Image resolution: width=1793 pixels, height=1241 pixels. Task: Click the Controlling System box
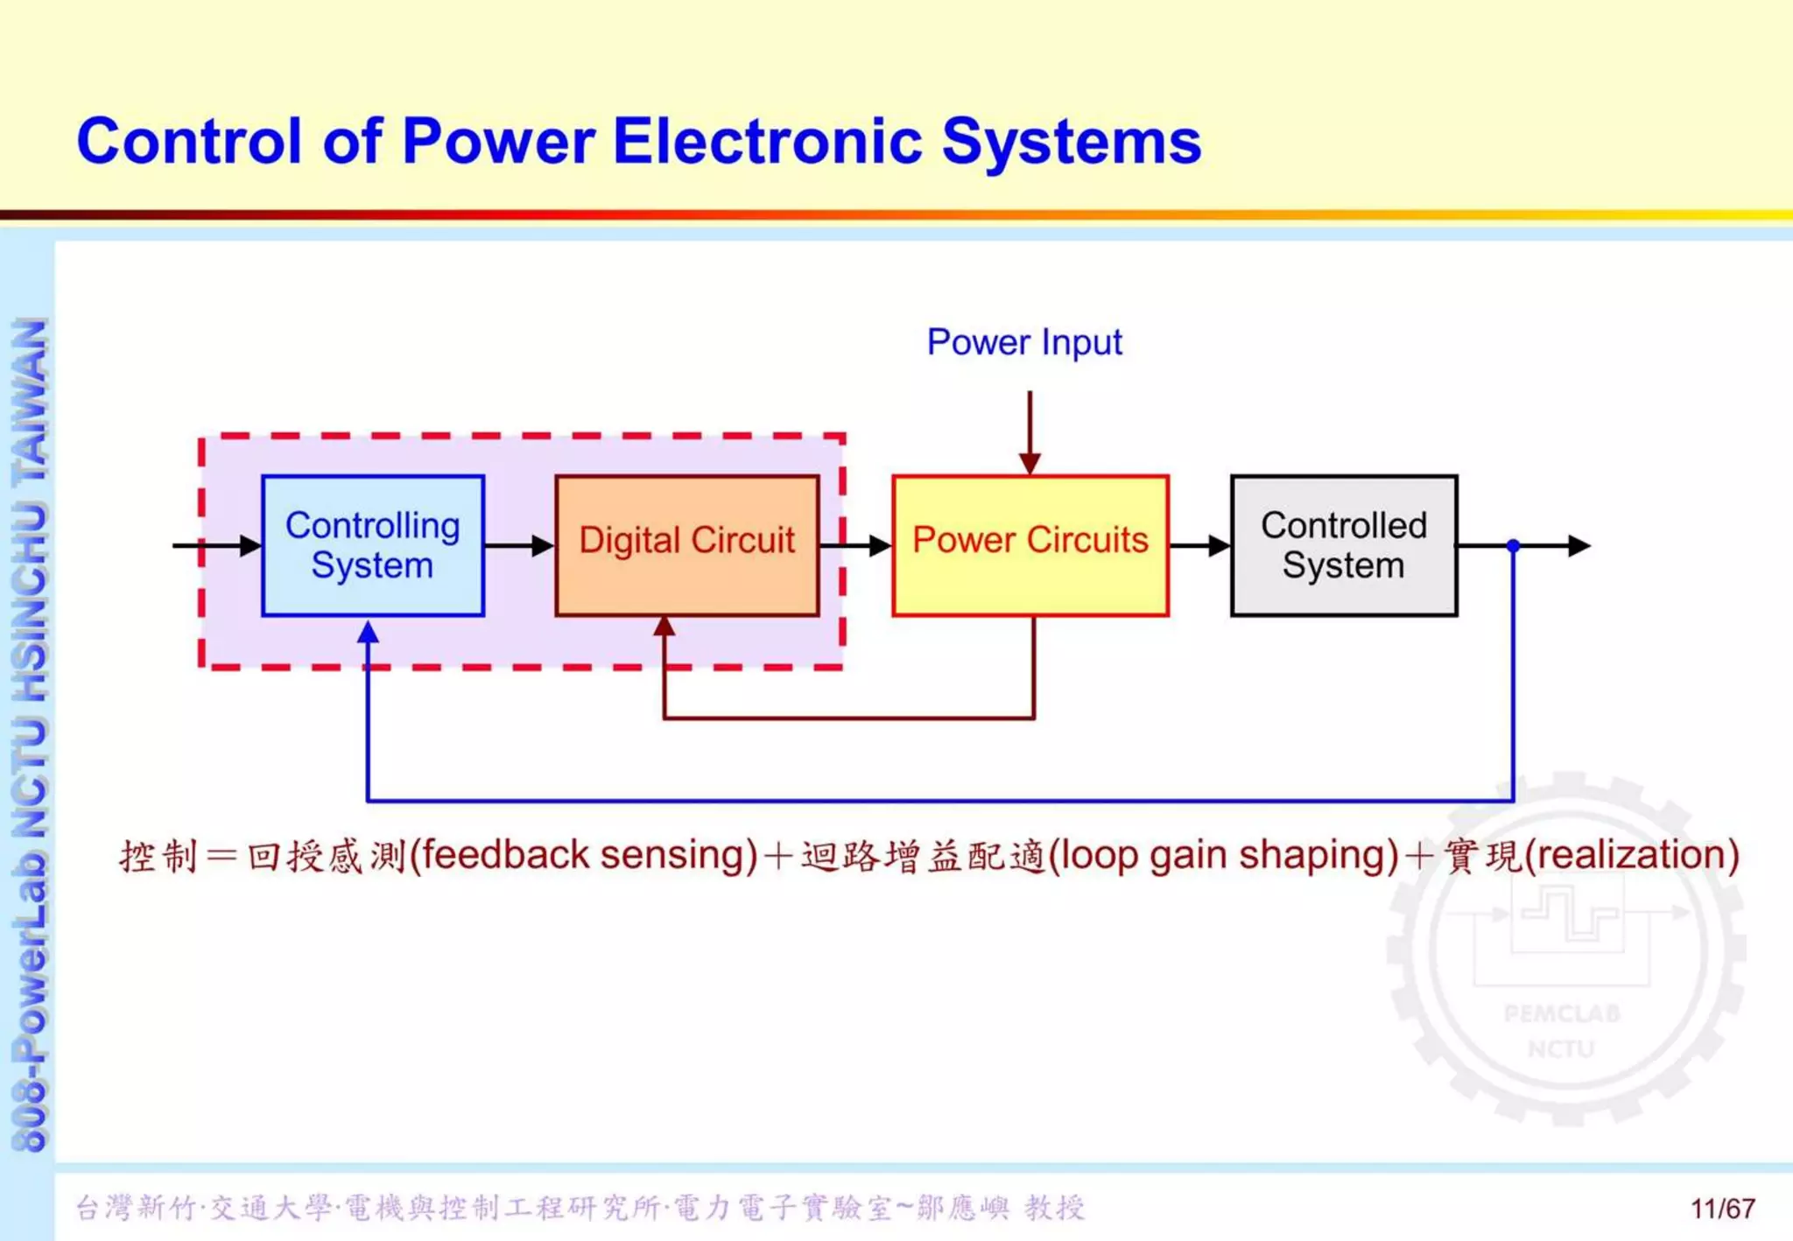tap(372, 545)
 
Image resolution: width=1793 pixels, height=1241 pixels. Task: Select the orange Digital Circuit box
tap(686, 545)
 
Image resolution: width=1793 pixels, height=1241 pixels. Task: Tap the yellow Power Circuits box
tap(1030, 545)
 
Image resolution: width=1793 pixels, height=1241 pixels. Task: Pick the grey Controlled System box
tap(1343, 545)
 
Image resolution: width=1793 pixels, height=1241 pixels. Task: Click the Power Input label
tap(1023, 342)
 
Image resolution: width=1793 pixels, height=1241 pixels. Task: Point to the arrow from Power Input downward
tap(1030, 433)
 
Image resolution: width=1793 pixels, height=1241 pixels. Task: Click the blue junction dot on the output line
tap(1513, 545)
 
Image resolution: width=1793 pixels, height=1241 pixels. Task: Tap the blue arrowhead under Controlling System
tap(368, 632)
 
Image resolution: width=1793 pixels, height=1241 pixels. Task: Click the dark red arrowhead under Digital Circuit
tap(664, 627)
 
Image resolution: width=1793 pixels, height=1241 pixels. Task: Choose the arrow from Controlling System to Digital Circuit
tap(519, 545)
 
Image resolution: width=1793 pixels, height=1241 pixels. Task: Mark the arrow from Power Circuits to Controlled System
tap(1199, 545)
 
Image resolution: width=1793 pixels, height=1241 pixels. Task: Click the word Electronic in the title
tap(768, 141)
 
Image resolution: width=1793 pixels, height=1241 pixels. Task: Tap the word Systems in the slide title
tap(1071, 141)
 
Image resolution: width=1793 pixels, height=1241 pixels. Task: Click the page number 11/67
tap(1722, 1209)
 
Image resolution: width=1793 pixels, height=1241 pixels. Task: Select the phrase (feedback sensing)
tap(583, 855)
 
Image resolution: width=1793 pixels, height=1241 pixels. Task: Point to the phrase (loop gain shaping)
tap(1222, 855)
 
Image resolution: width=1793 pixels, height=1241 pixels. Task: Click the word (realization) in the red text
tap(1631, 855)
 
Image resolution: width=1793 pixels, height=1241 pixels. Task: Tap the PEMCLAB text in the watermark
tap(1562, 1013)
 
